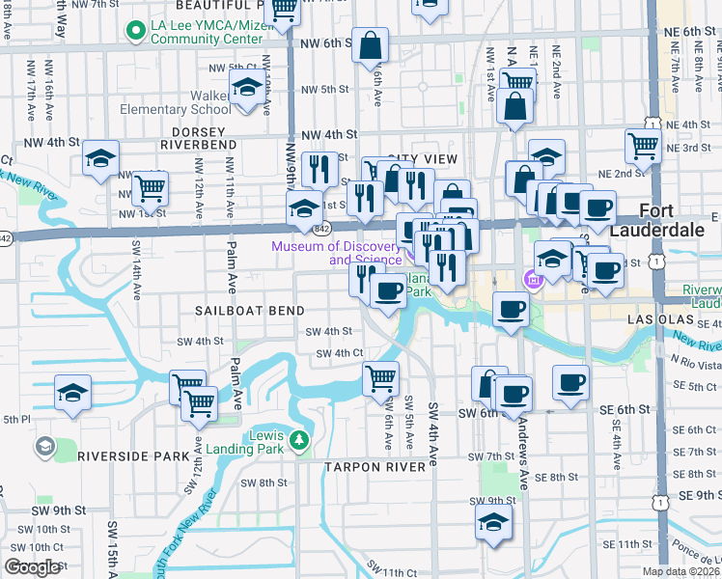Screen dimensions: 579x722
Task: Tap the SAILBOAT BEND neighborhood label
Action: point(249,311)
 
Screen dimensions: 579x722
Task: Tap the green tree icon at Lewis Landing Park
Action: point(299,442)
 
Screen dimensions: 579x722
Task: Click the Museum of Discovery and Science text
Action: point(336,253)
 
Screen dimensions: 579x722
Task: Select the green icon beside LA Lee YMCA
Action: point(135,31)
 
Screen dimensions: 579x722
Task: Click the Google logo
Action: point(33,567)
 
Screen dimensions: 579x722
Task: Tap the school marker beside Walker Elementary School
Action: point(248,90)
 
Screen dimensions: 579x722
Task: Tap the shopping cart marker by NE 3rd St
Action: point(642,146)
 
